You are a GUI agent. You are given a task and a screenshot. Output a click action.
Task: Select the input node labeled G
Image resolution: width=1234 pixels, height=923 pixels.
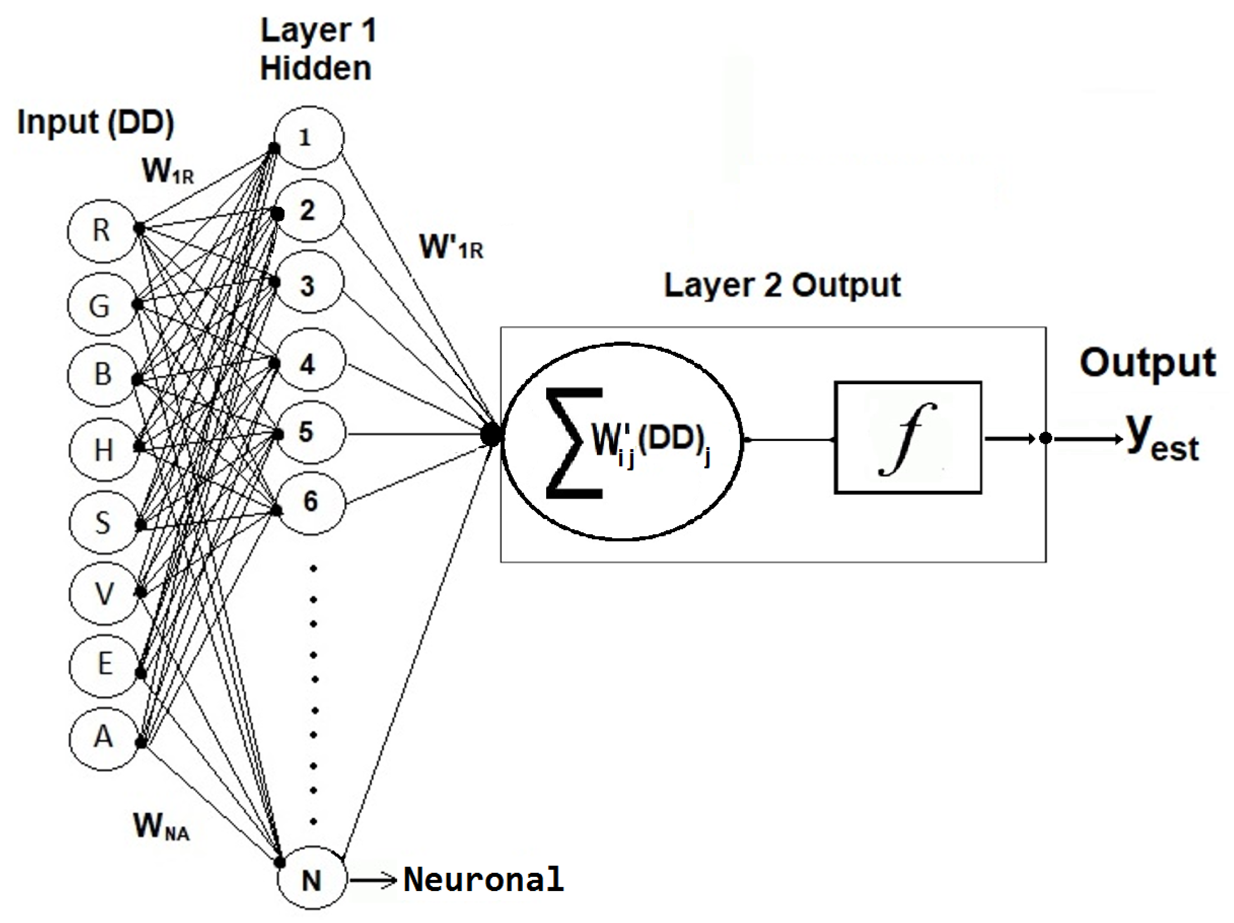[x=100, y=306]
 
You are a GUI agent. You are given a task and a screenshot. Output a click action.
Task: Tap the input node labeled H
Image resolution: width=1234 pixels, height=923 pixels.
[x=103, y=450]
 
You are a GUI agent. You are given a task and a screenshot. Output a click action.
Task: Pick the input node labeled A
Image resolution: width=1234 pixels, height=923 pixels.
[x=103, y=737]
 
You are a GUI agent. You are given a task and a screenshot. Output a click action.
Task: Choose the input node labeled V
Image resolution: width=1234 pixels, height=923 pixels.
[x=104, y=594]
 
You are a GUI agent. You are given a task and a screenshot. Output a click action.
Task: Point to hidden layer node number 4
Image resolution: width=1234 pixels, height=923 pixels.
[x=310, y=364]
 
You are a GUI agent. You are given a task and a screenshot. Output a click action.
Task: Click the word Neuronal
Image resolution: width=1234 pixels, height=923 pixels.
[x=483, y=880]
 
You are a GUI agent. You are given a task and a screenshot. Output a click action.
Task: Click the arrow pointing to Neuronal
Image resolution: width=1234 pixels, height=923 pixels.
[x=373, y=881]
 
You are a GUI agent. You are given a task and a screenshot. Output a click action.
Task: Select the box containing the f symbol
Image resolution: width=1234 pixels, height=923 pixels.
[x=907, y=438]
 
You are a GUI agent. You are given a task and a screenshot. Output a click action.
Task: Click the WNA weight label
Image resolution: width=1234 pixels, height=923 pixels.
[x=161, y=827]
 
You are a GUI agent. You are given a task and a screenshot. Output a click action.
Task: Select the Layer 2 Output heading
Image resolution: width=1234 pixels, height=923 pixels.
[x=781, y=286]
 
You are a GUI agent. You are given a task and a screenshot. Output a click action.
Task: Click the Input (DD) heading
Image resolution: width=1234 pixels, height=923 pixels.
[x=95, y=122]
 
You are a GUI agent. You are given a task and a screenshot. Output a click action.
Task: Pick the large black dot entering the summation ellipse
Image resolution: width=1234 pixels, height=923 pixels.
[x=490, y=434]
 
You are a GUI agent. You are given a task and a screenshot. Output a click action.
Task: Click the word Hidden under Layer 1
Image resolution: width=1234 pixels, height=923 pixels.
[x=316, y=68]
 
